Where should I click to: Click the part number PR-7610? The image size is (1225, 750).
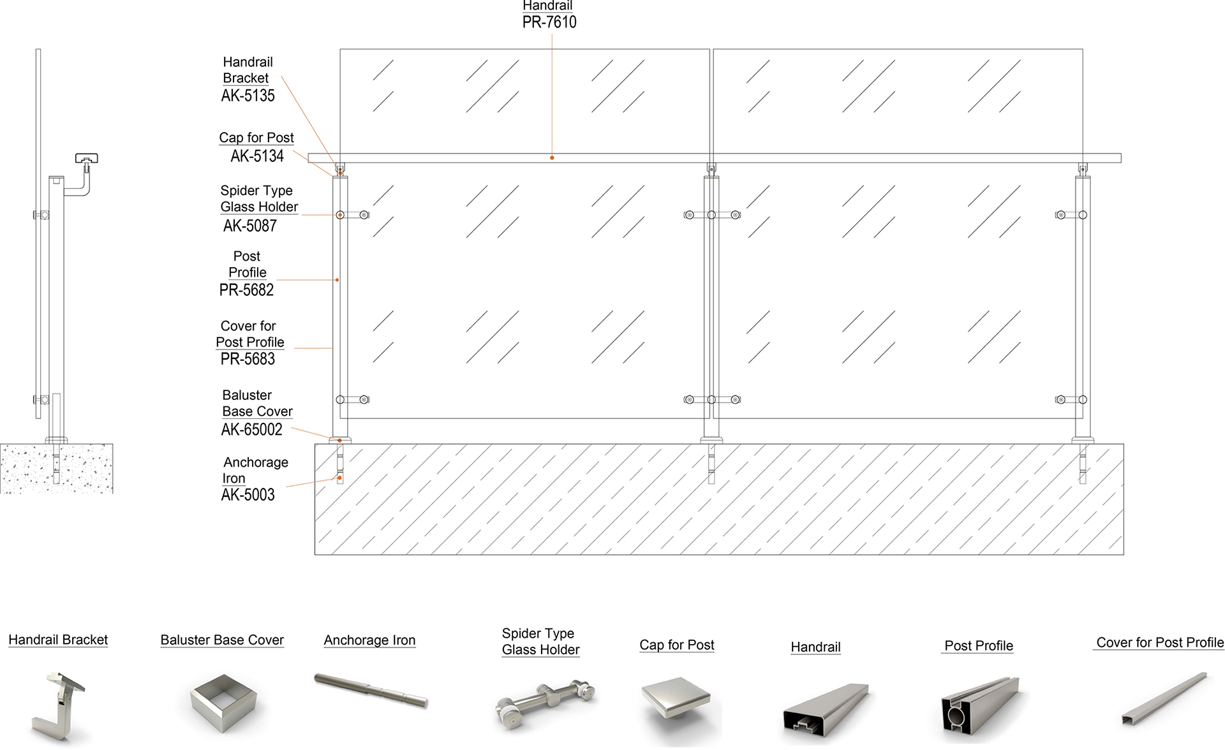point(549,22)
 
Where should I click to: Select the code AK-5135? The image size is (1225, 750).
point(248,96)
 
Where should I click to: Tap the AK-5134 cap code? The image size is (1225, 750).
point(257,156)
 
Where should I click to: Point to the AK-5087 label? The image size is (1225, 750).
point(250,226)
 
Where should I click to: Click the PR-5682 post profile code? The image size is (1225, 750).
point(246,290)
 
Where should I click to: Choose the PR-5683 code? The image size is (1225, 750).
point(248,359)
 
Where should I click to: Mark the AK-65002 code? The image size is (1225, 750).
point(251,430)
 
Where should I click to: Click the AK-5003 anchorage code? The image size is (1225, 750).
point(248,495)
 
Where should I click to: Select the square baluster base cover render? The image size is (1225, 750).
point(223,702)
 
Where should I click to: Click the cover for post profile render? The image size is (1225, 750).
point(1165,698)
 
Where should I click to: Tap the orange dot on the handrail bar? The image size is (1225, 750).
point(552,158)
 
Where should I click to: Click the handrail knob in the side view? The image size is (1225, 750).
point(86,158)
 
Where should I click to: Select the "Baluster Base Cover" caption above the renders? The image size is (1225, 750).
point(222,640)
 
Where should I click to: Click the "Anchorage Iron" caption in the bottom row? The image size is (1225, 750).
point(369,640)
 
